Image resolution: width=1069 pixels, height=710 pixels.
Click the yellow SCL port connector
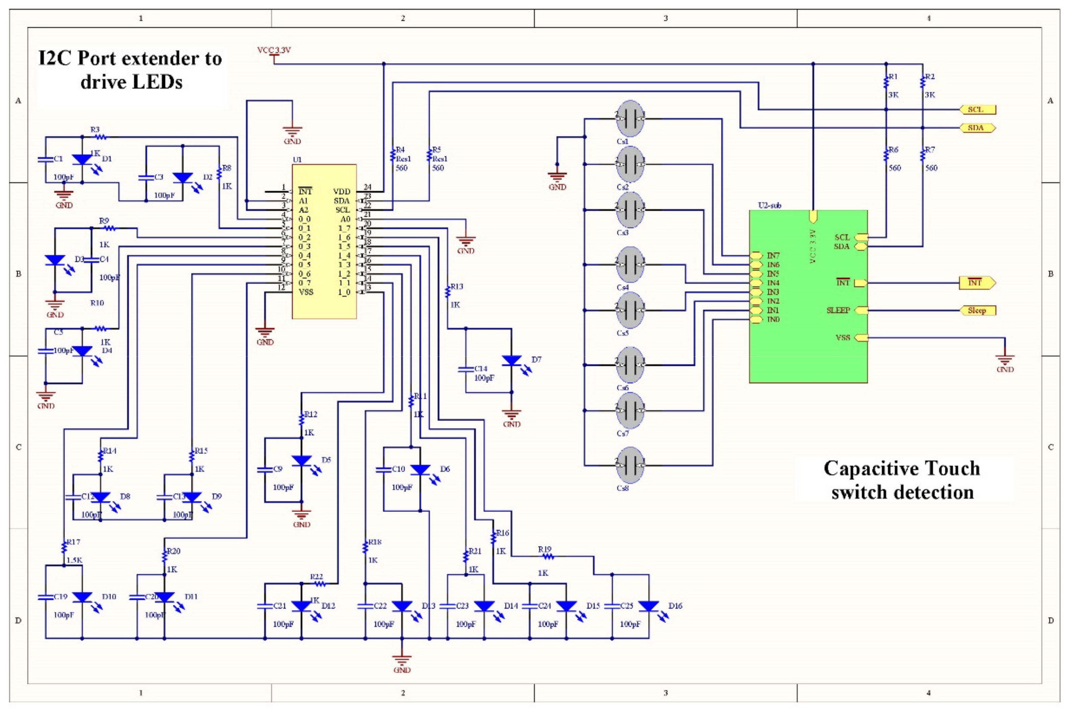pos(978,110)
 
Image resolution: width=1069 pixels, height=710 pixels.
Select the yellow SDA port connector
pos(978,128)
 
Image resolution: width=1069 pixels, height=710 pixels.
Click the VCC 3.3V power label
pos(274,50)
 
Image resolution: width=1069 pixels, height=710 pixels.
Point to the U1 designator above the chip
pos(297,160)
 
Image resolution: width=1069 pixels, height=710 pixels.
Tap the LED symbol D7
pos(512,361)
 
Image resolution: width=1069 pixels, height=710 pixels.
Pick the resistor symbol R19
pos(547,556)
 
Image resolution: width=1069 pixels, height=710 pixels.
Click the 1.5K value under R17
pos(75,560)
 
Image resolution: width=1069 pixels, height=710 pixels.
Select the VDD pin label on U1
pos(342,192)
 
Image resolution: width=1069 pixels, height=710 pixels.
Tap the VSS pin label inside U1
pos(306,292)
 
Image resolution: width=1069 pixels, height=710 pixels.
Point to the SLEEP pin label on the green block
pos(838,311)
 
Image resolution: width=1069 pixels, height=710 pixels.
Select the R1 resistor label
pos(892,77)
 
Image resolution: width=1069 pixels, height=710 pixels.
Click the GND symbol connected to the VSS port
pos(1005,361)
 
